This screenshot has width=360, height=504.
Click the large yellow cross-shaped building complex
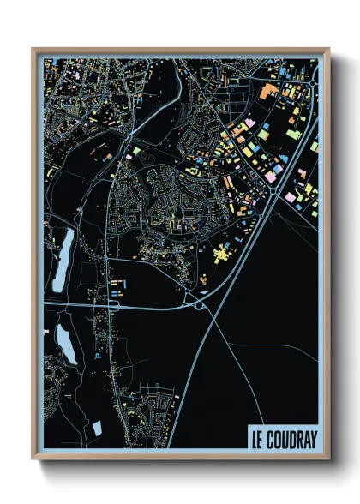tap(221, 254)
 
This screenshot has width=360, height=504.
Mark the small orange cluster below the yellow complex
tap(207, 279)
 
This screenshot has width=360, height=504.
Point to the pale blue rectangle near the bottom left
tap(97, 427)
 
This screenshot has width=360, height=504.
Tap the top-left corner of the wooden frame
tap(33, 49)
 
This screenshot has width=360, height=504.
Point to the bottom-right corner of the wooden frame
tap(328, 458)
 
